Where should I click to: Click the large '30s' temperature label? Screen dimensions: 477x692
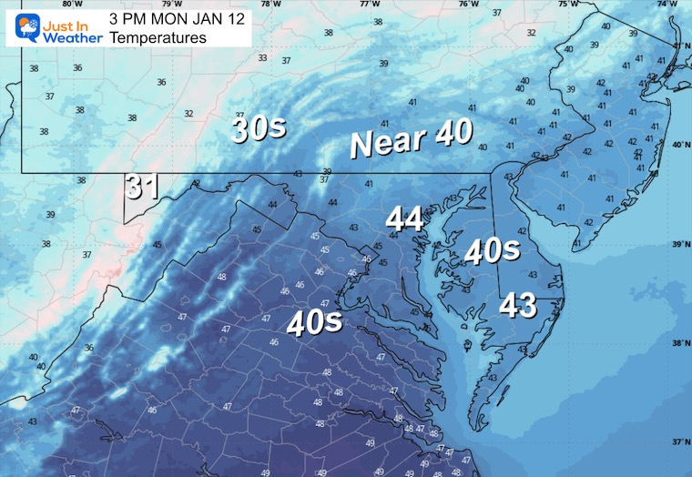point(259,128)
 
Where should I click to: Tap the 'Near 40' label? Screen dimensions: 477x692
point(412,139)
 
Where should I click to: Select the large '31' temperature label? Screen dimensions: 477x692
point(143,187)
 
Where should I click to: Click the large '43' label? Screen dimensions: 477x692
point(518,306)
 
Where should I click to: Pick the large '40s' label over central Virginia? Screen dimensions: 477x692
point(315,321)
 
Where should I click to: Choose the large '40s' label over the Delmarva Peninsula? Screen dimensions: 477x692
point(491,250)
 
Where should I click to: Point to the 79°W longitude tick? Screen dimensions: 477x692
point(165,5)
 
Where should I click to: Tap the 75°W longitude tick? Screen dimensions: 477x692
point(567,5)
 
